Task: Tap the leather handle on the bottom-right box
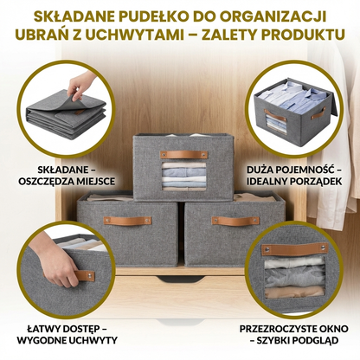(231, 221)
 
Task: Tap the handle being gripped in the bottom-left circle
(84, 275)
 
